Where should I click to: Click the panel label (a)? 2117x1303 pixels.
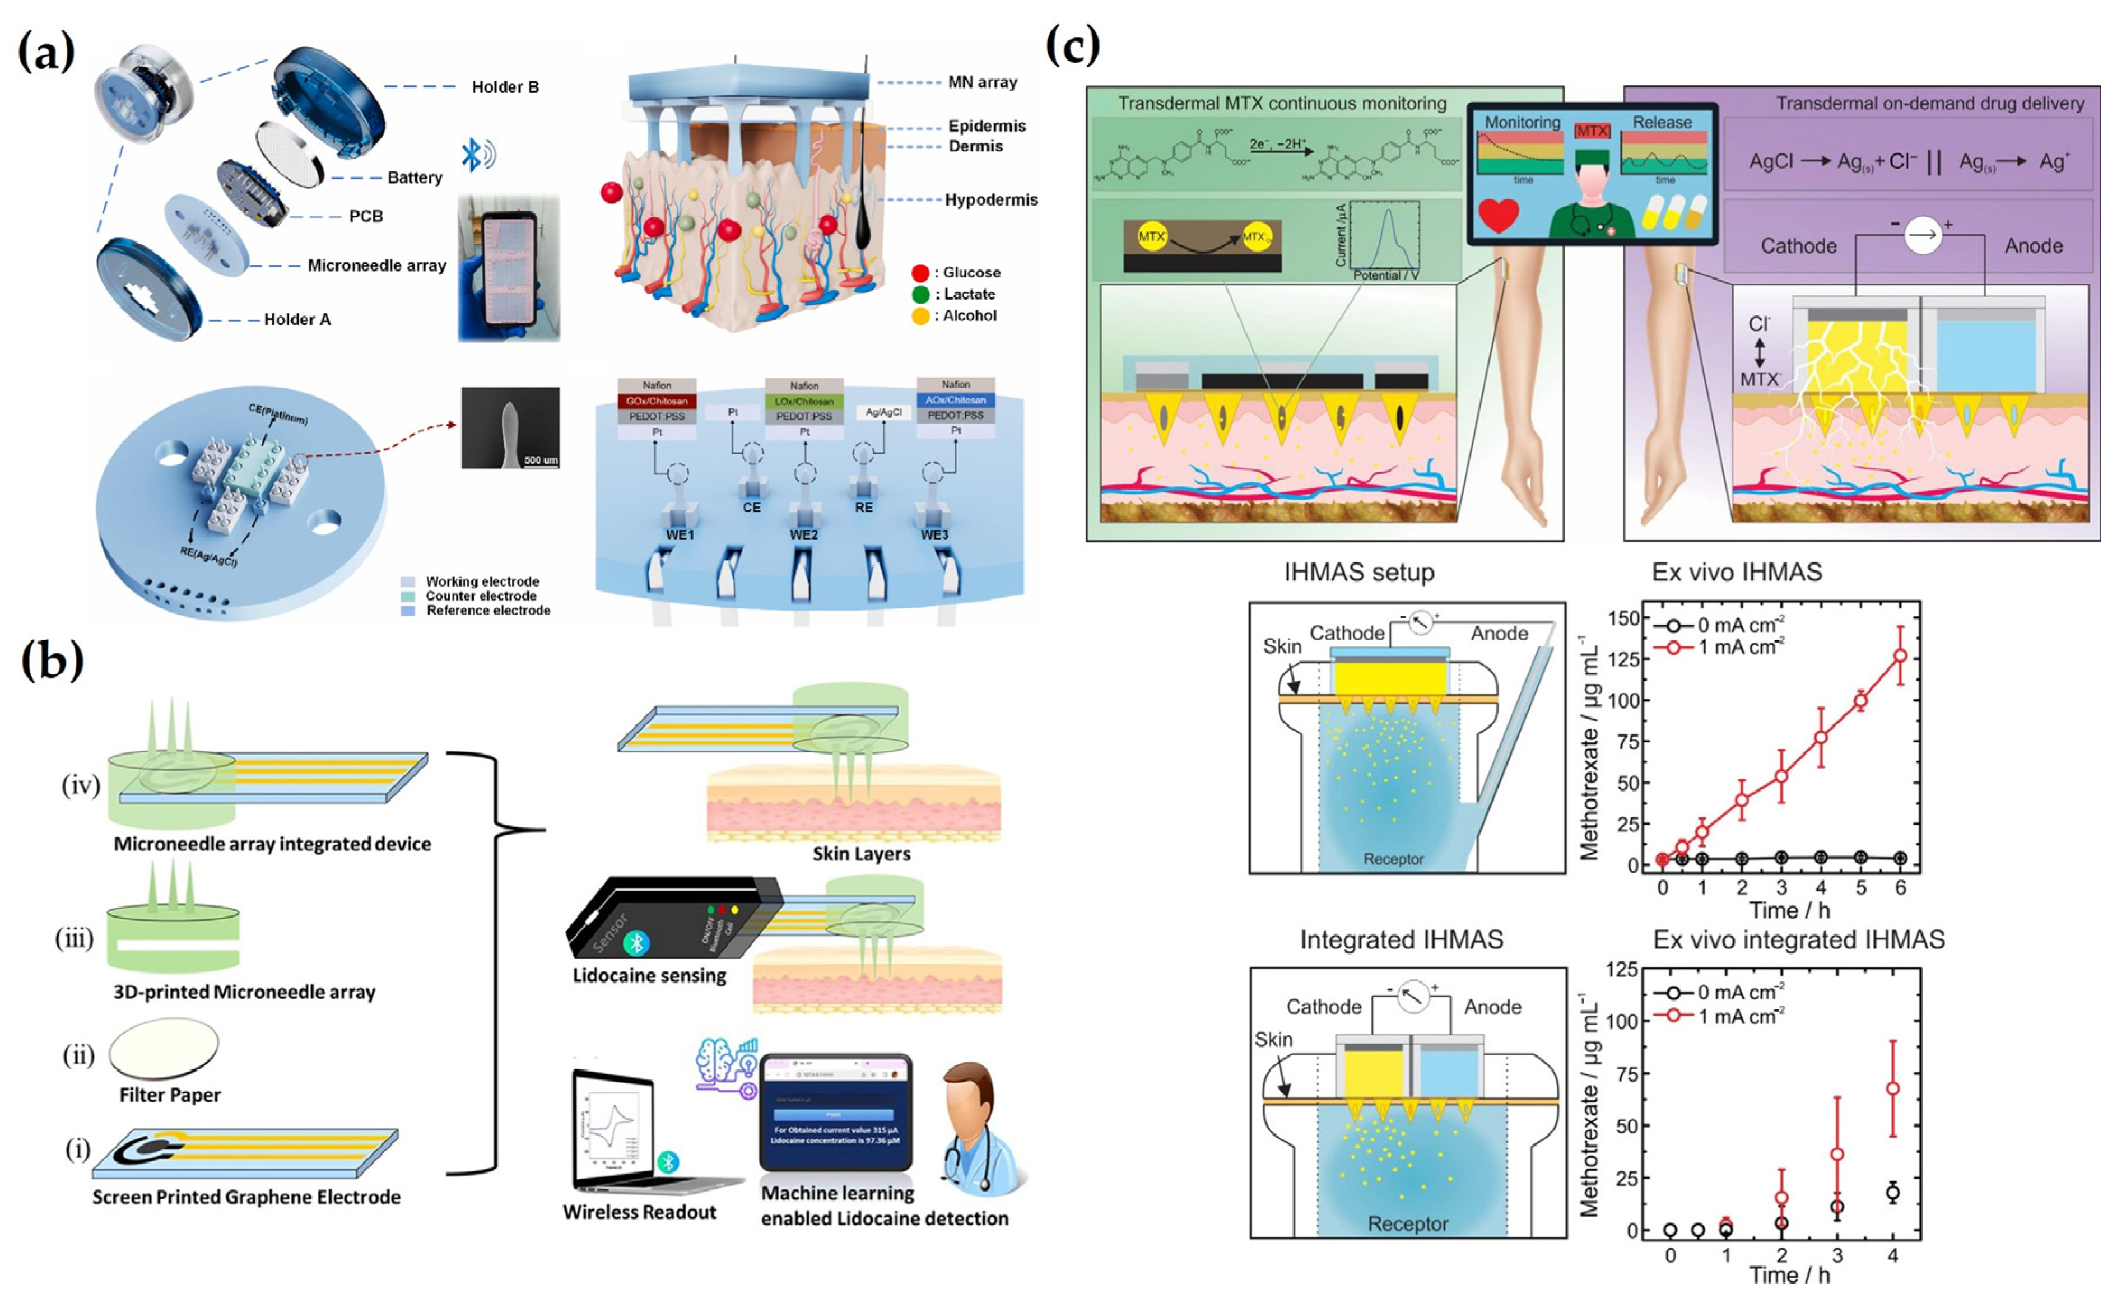point(46,53)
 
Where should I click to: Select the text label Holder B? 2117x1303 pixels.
point(505,87)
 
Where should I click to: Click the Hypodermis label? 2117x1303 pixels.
point(991,200)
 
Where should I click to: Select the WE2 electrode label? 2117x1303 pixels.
point(803,535)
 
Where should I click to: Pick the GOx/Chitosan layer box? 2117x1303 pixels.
point(657,401)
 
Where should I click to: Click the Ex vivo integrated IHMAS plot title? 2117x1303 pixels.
point(1798,939)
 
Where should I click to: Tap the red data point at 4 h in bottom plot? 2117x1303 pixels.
point(1892,1088)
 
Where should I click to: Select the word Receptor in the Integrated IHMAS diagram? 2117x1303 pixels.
point(1408,1223)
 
